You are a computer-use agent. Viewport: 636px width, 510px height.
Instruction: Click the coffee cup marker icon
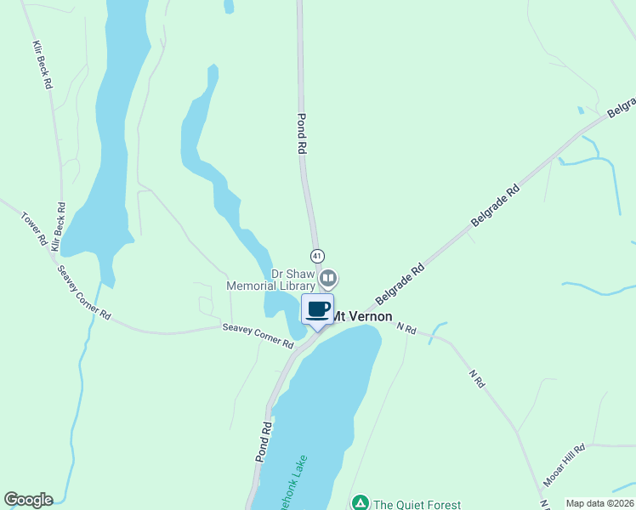tap(318, 309)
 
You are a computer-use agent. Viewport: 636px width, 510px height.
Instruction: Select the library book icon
tap(328, 277)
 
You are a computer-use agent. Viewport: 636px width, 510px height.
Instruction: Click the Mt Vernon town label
tap(361, 315)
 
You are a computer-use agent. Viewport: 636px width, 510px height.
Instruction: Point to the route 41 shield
tap(317, 256)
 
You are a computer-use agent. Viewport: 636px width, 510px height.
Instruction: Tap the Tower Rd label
tap(34, 229)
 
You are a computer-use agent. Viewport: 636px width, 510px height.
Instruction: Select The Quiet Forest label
tap(419, 503)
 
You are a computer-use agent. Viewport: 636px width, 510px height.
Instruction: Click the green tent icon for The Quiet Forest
tap(361, 503)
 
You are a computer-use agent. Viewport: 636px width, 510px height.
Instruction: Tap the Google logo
tap(28, 500)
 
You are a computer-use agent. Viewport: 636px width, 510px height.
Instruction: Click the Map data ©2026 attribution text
tap(599, 503)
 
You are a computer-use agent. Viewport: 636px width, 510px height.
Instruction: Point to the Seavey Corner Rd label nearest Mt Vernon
tap(258, 337)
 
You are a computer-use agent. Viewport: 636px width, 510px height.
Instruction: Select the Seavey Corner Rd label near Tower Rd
tap(84, 292)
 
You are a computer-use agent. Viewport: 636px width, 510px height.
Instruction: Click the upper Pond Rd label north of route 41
tap(301, 133)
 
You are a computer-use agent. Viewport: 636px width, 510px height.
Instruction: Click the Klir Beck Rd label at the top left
tap(43, 65)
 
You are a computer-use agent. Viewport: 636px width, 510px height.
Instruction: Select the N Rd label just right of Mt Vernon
tap(406, 327)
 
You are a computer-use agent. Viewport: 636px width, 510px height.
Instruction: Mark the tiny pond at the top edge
tap(228, 7)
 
